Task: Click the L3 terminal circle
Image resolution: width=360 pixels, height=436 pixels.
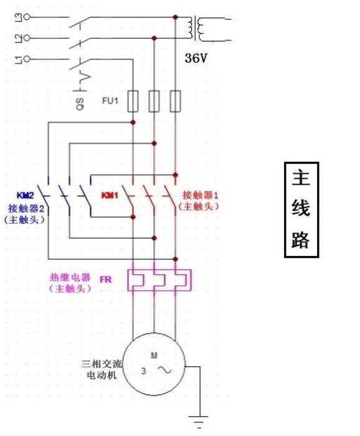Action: [27, 17]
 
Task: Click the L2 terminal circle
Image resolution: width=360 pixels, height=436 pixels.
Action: [27, 38]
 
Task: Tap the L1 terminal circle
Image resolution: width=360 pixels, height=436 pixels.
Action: [27, 59]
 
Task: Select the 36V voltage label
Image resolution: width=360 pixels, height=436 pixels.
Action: [196, 58]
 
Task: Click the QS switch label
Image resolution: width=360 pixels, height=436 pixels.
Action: [80, 104]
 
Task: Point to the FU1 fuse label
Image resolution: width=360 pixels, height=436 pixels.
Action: [110, 101]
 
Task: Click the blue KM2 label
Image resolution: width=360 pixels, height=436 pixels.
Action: [26, 196]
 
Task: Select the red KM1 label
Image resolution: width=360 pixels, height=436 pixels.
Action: [110, 196]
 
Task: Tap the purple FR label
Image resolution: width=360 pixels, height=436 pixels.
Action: [106, 279]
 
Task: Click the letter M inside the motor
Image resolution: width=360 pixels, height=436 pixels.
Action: [154, 356]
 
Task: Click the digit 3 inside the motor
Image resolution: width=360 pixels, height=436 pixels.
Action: [143, 371]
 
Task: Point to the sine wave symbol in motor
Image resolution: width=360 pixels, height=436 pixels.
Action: [164, 370]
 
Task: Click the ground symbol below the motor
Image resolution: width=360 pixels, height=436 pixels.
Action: [198, 420]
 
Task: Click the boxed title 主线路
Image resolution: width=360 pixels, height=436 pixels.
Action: [301, 210]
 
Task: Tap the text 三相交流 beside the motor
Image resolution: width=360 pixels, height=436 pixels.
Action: [102, 364]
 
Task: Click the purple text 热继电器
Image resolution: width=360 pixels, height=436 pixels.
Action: [70, 278]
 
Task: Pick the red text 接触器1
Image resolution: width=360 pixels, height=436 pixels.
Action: [200, 195]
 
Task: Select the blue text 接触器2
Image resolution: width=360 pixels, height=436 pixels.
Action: [26, 208]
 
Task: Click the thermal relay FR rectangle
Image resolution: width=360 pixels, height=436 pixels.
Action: [159, 280]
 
